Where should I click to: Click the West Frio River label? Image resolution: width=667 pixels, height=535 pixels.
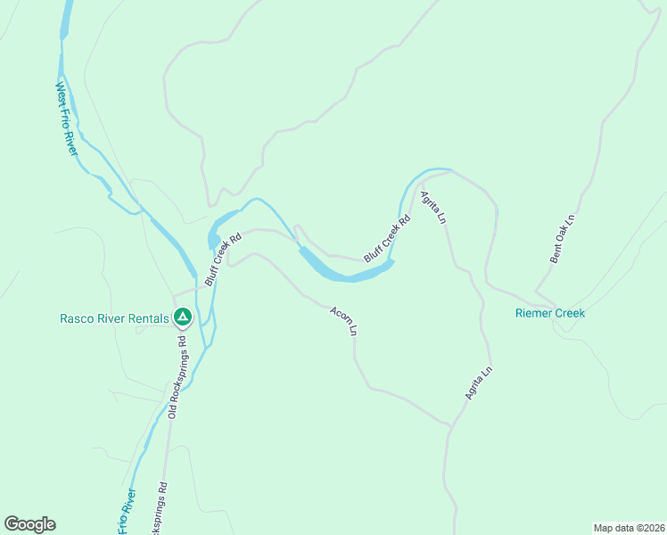click(68, 119)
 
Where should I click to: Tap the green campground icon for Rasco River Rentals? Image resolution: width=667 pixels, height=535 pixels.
click(182, 317)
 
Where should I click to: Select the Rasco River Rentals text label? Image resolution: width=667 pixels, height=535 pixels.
click(113, 318)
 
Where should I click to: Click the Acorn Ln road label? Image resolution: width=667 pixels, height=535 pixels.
click(343, 321)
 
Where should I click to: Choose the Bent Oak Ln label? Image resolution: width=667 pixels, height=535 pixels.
click(564, 239)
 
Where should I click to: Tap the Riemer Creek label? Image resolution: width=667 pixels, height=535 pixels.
click(550, 313)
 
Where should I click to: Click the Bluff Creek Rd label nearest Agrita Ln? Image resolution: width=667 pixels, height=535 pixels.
click(387, 238)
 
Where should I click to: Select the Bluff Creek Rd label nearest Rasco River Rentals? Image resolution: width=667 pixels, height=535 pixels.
click(223, 259)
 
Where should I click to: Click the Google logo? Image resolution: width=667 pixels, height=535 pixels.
click(29, 524)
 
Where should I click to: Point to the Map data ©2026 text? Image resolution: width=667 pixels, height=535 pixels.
click(629, 527)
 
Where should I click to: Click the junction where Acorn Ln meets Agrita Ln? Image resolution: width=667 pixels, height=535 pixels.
click(450, 426)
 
